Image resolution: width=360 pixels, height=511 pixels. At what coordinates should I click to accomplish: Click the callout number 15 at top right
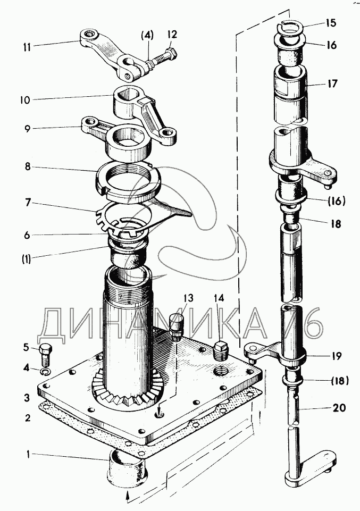pos(331,23)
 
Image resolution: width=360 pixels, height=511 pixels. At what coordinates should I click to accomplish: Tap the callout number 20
pos(339,408)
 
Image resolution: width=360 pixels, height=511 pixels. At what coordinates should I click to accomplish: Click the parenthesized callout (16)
pos(336,201)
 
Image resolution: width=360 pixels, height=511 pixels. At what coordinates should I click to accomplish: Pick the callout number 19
pos(336,355)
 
